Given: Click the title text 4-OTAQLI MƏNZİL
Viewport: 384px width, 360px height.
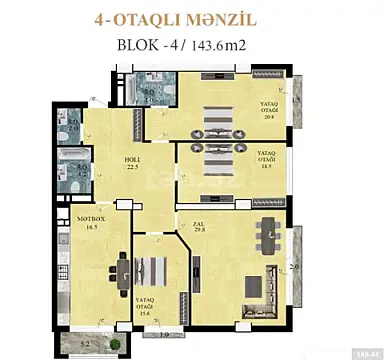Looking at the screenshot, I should tap(191, 16).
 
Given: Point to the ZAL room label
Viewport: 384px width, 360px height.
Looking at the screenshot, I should tap(185, 223).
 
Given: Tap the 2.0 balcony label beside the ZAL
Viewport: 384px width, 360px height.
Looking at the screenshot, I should tap(293, 267).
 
